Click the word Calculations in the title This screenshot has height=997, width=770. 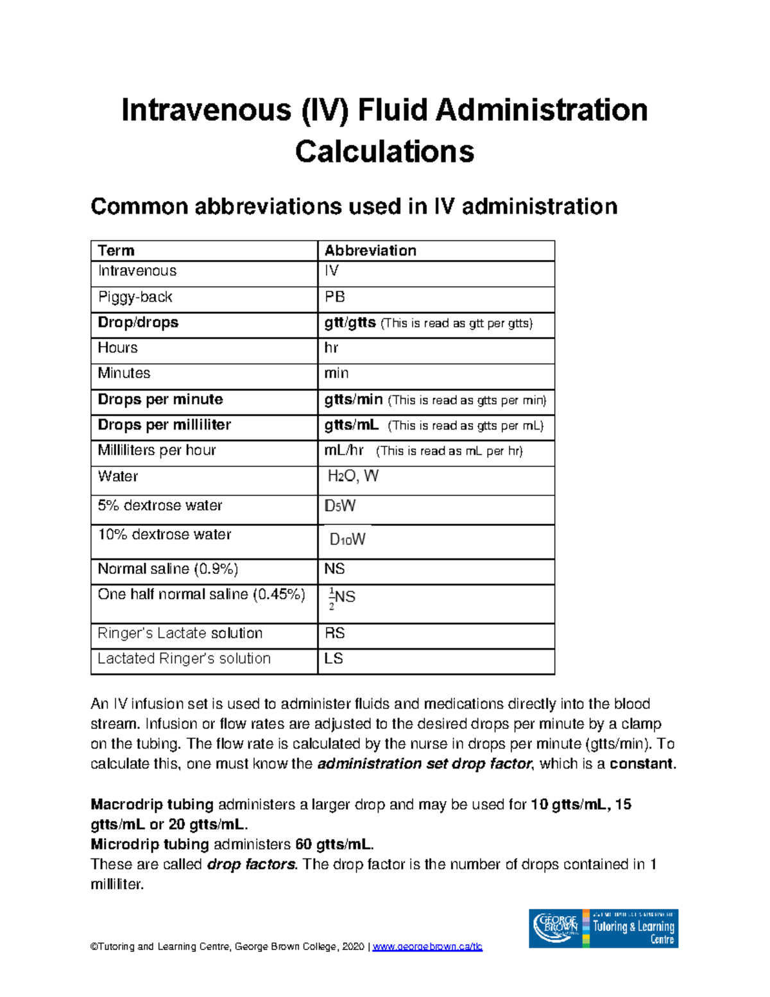384,152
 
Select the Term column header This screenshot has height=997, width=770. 116,250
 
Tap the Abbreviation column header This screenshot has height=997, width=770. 370,250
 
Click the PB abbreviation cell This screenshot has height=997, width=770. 335,297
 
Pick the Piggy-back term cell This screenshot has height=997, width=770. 135,297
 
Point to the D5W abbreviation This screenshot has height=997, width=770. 340,506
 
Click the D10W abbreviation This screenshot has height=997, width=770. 347,539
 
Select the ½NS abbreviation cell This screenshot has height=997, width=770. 342,598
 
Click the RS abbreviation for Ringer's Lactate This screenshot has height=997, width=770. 335,633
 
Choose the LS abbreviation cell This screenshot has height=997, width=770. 334,659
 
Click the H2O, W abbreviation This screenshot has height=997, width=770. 353,476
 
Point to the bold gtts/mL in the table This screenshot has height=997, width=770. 352,425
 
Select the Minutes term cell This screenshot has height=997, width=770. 124,373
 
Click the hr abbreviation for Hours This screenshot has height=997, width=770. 331,348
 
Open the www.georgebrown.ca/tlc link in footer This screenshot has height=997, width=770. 427,946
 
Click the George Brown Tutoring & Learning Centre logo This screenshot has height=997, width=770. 603,928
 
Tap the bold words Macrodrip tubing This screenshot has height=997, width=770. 152,804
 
